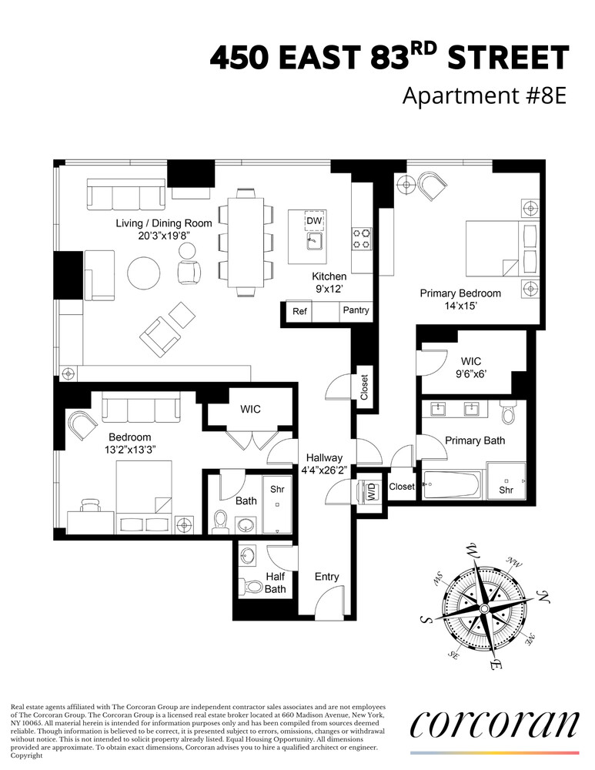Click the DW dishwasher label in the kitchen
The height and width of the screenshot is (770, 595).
[313, 221]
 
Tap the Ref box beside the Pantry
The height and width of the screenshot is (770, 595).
[299, 311]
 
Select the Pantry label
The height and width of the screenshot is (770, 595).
[356, 310]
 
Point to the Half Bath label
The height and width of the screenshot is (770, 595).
[275, 583]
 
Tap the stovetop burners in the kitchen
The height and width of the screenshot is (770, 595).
[361, 237]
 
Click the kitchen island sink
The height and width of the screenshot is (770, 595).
[313, 242]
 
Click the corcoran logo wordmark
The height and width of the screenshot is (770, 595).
[494, 724]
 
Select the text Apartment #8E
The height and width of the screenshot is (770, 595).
[484, 97]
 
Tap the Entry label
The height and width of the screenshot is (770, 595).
[327, 577]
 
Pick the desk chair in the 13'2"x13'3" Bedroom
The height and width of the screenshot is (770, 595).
[91, 504]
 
